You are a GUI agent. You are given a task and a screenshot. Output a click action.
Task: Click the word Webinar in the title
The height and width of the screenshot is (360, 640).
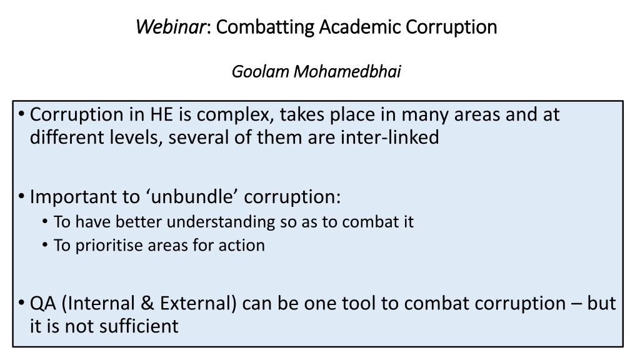[171, 27]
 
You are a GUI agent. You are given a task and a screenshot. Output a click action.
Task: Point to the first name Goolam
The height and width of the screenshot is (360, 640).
[261, 71]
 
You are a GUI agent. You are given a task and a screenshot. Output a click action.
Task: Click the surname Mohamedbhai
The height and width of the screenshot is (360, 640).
[347, 71]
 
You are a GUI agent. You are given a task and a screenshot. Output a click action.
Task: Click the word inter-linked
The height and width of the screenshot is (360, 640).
[390, 137]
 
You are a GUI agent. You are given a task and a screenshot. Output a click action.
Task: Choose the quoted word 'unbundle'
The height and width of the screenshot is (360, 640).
[192, 196]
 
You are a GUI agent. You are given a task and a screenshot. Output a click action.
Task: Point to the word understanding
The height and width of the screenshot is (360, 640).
[221, 222]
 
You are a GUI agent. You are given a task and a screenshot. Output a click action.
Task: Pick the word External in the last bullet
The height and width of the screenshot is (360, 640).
[198, 303]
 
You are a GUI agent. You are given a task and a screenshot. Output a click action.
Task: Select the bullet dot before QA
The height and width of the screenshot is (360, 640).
[22, 304]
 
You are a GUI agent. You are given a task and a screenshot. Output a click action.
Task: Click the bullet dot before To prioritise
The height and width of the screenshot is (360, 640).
[45, 246]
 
